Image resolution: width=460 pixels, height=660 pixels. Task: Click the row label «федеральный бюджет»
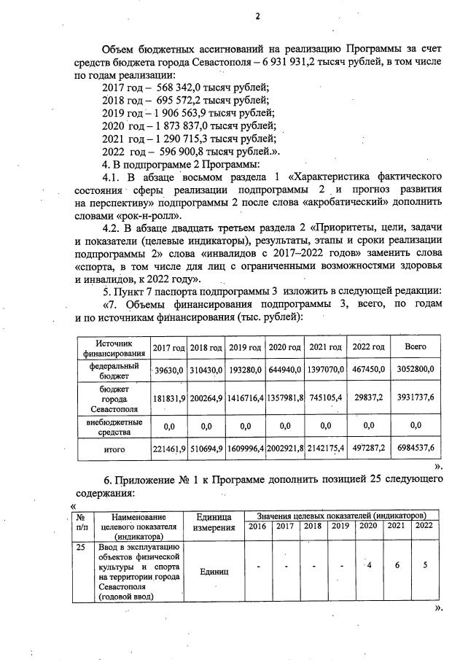pos(113,370)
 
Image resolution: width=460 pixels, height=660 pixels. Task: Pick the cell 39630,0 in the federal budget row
pos(168,370)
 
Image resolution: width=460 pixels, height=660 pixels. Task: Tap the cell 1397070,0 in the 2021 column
pos(326,370)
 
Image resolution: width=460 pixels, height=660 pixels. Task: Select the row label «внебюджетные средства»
pos(113,427)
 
